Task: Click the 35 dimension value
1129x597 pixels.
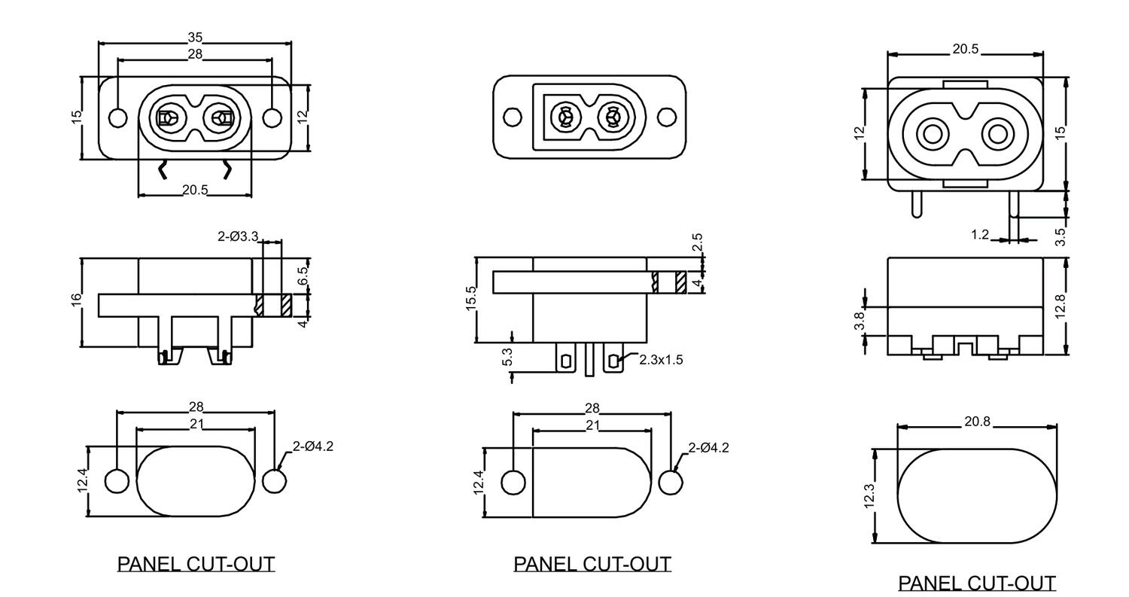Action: tap(195, 37)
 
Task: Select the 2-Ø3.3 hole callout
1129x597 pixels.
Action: tap(238, 236)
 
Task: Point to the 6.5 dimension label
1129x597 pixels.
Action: tap(303, 276)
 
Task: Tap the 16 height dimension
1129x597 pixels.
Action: tap(76, 299)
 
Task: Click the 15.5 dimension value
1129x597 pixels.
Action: tap(471, 298)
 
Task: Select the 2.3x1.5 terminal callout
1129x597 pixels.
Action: tap(661, 360)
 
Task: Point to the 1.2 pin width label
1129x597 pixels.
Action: tap(979, 235)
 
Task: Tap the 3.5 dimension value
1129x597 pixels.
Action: tap(1060, 236)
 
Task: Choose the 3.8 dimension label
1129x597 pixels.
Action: tap(859, 321)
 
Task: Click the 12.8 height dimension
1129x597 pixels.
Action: tap(1060, 306)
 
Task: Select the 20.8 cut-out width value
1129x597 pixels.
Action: tap(977, 422)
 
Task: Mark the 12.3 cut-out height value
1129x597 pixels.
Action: tap(869, 496)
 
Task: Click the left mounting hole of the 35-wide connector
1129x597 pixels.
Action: tap(118, 118)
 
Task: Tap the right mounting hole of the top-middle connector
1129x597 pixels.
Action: tap(667, 117)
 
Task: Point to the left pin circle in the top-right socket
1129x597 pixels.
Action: tap(933, 135)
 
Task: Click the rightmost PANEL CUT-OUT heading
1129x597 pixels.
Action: tap(977, 583)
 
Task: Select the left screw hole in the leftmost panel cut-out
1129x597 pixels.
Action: tap(117, 480)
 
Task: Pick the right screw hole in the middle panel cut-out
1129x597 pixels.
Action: tap(671, 483)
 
